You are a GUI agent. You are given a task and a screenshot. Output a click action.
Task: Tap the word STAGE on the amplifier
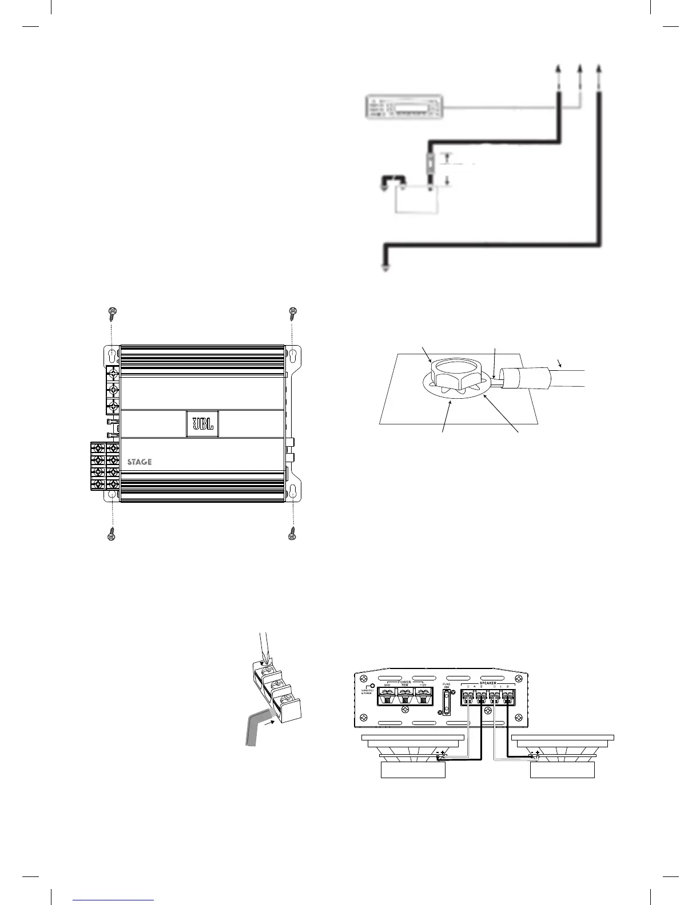pos(139,462)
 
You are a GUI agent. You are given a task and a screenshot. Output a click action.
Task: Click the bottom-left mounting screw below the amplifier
pos(112,535)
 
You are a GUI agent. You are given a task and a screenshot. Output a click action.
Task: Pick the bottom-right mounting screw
pos(294,535)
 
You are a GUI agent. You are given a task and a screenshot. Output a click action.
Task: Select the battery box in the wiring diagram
pos(417,201)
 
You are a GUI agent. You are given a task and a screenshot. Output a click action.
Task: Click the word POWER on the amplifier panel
pos(404,682)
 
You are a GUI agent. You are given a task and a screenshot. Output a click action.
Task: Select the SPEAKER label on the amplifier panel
pos(488,683)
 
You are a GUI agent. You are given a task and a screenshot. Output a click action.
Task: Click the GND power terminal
pos(387,696)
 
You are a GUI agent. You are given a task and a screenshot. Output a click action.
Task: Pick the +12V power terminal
pos(423,696)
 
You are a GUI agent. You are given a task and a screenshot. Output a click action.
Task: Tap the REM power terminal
pos(405,696)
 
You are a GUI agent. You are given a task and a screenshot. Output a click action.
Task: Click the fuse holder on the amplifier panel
pos(447,702)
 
